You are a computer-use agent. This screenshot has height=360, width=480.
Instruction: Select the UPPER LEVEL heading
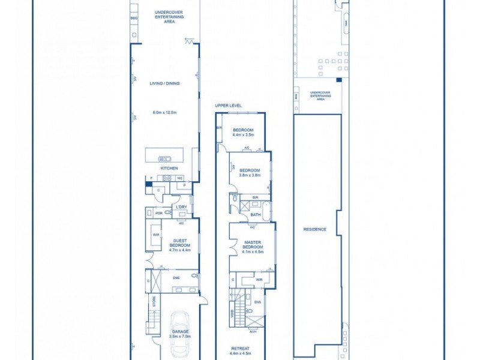(228, 105)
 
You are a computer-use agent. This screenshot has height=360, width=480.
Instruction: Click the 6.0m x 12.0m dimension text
(164, 112)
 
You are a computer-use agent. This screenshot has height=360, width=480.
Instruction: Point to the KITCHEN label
(169, 168)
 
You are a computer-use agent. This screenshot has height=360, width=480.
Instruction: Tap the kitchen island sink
(164, 158)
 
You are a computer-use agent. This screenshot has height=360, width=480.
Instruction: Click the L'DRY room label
(181, 207)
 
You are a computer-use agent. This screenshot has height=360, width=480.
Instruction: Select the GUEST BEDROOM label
(180, 242)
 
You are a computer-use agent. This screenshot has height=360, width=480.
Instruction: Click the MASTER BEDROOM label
(252, 244)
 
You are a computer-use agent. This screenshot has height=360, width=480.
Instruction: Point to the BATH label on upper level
(256, 214)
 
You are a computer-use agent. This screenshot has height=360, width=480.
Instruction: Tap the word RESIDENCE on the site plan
(315, 229)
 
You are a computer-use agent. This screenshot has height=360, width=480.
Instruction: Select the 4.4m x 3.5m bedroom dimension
(243, 135)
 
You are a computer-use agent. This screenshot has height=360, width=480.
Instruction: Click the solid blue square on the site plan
(338, 80)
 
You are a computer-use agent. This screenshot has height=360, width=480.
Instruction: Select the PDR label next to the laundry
(159, 213)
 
